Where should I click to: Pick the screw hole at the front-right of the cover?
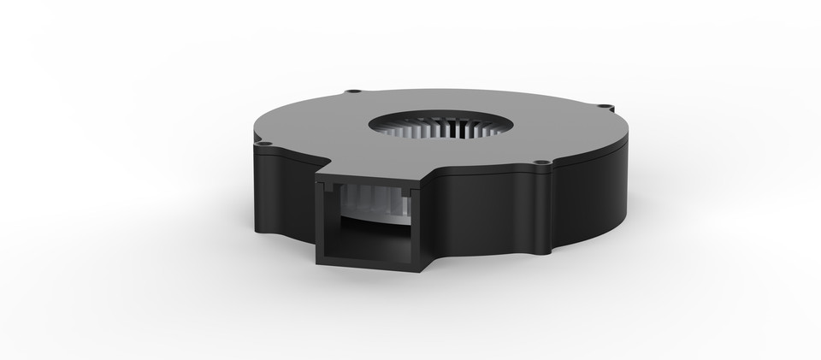coord(540,163)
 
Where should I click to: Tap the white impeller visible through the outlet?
coord(363,205)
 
